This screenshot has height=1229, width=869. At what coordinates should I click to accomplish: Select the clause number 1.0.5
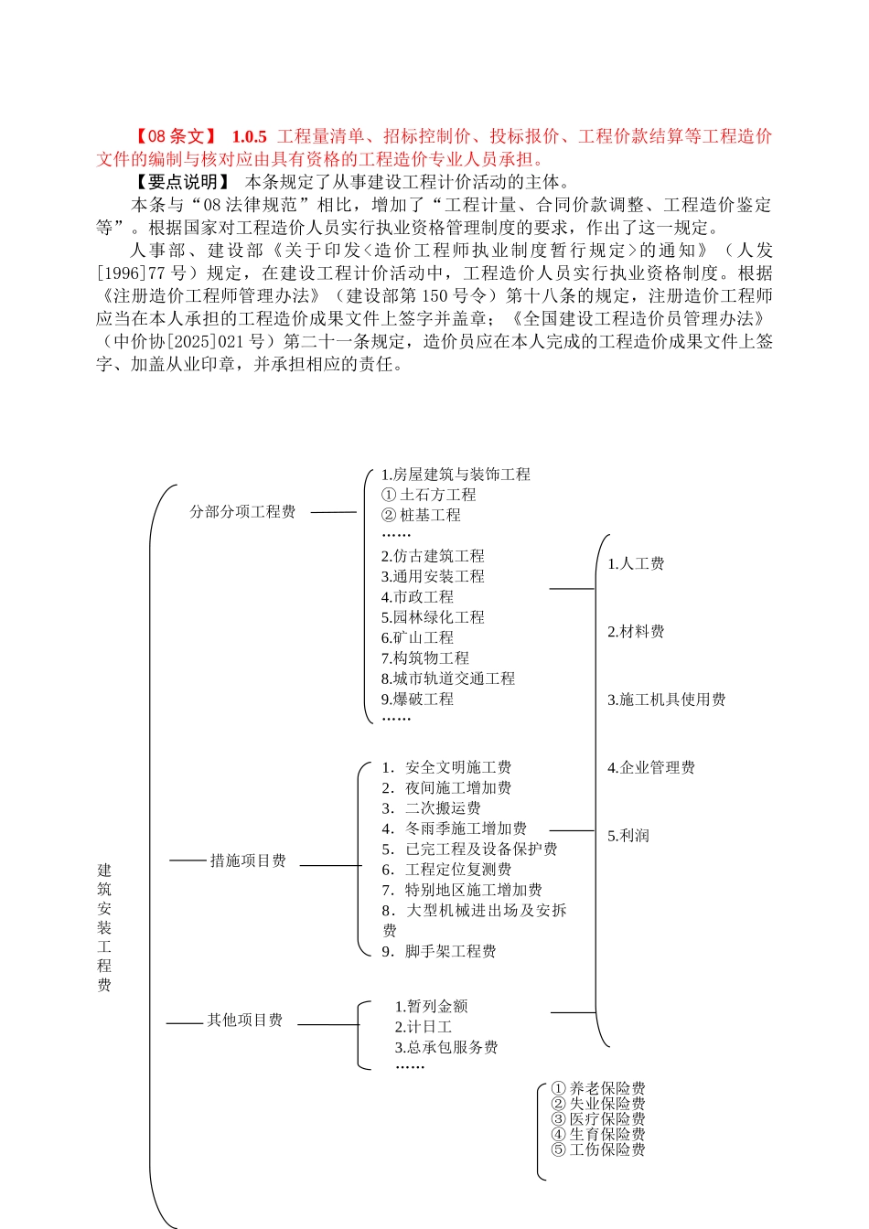[249, 137]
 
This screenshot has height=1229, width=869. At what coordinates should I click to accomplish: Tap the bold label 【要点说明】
[183, 182]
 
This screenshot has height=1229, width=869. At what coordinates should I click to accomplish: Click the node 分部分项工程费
[242, 512]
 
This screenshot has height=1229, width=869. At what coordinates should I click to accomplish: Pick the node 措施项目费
[248, 860]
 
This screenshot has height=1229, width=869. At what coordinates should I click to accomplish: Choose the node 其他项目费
[244, 1020]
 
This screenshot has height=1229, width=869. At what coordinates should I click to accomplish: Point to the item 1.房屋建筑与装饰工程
[456, 475]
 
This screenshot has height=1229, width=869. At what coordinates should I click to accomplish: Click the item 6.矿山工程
[417, 637]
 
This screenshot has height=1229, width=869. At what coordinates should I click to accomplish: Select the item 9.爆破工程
[417, 699]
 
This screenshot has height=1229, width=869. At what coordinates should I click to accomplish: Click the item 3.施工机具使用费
[666, 700]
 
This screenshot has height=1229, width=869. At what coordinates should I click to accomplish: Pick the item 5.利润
[628, 836]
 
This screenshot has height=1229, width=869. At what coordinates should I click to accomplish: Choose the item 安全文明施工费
[457, 767]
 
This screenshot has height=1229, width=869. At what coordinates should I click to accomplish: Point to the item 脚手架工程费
[450, 951]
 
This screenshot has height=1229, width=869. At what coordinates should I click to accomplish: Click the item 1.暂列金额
[431, 1007]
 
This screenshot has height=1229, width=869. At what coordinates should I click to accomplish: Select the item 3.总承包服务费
[446, 1047]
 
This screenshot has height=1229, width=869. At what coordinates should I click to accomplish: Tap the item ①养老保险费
[598, 1088]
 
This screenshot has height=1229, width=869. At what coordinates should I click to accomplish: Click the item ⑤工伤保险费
[598, 1149]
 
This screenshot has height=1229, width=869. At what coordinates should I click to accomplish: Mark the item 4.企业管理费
[651, 768]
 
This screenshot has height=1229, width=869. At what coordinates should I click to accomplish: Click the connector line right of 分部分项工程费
[333, 512]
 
